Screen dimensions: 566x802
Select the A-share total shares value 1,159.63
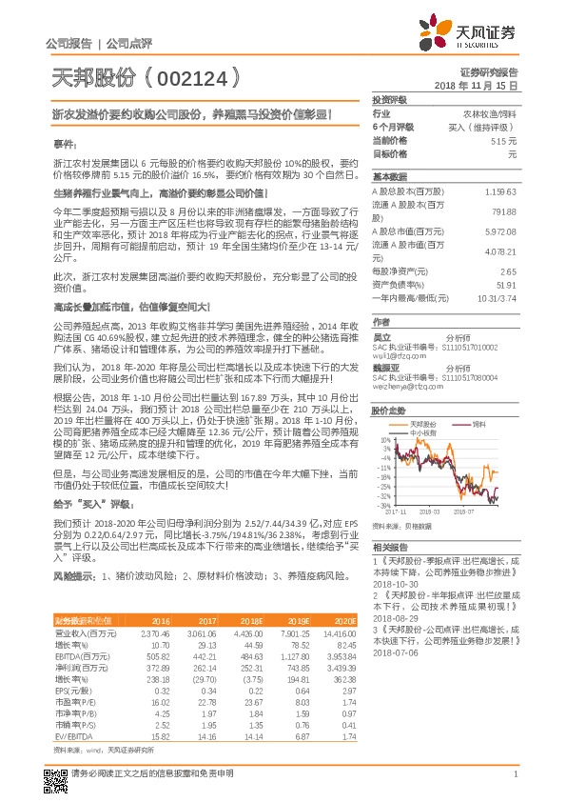pyautogui.click(x=500, y=191)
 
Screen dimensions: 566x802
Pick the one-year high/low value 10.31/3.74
pyautogui.click(x=498, y=297)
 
